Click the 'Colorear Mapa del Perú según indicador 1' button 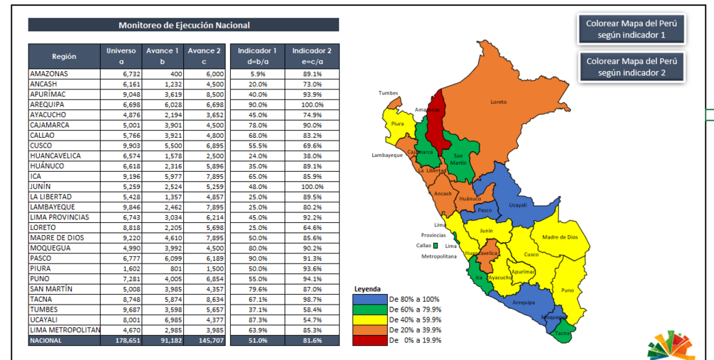click(631, 29)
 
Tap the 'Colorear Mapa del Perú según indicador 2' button click(631, 67)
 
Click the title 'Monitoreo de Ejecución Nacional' click(183, 26)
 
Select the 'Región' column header click(64, 56)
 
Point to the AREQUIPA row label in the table click(49, 104)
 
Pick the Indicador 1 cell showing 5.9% click(257, 74)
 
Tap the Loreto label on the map click(499, 102)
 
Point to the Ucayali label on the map click(518, 204)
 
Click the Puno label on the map click(567, 290)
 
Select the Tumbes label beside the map click(388, 93)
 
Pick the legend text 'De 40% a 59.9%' click(415, 320)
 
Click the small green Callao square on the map click(436, 246)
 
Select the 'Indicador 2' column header click(312, 56)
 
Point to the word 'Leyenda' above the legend click(367, 290)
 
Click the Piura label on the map click(397, 124)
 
